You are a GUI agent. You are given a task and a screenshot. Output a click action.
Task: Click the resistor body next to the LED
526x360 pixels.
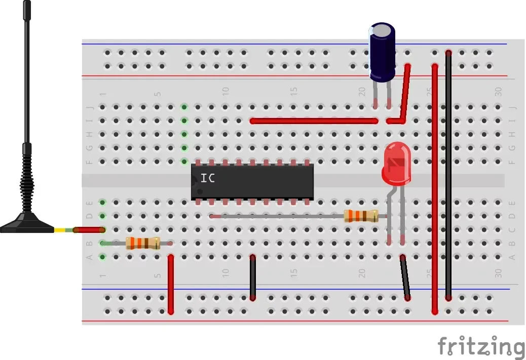coord(361,216)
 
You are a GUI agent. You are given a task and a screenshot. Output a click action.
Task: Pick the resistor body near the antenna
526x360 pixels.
coord(143,243)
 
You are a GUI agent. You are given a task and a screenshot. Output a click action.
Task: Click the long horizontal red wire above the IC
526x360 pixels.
coord(314,121)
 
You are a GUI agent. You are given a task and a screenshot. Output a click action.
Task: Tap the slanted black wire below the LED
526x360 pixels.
coord(405,278)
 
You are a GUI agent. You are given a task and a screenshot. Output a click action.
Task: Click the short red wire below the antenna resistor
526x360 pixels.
coord(171,285)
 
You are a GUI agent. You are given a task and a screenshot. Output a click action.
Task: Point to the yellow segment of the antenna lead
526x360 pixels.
coord(60,230)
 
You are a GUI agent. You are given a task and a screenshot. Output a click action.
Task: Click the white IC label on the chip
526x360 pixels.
coord(207,178)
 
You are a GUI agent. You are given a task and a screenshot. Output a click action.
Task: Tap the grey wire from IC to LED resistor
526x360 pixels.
coord(279,216)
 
